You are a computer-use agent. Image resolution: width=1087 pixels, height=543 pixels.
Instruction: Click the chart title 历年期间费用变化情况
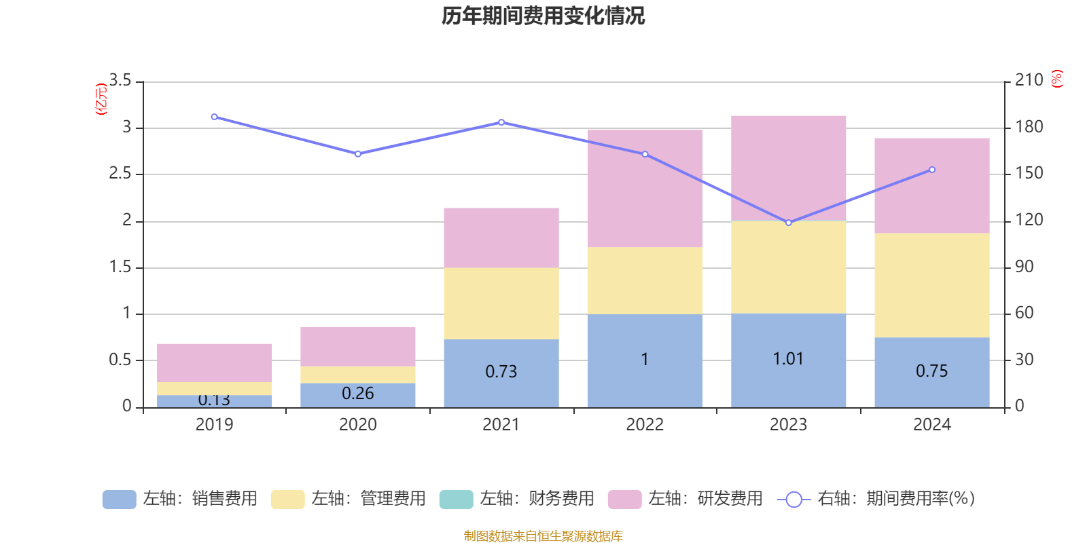tap(543, 16)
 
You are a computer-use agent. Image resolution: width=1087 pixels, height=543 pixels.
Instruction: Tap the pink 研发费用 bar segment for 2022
tap(645, 188)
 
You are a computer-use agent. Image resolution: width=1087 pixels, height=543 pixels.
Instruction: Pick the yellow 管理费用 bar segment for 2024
tap(931, 285)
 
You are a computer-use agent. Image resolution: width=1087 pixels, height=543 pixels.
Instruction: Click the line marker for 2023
tap(788, 223)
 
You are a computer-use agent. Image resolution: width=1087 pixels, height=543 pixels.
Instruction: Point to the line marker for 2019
tap(215, 117)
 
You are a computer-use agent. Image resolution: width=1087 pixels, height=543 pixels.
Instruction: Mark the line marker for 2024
tap(931, 170)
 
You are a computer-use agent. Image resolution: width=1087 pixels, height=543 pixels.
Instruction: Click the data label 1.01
tap(788, 358)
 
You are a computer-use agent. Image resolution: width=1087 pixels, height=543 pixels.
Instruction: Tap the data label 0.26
tap(357, 394)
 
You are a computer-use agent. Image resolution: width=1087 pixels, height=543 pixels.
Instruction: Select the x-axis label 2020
tap(357, 425)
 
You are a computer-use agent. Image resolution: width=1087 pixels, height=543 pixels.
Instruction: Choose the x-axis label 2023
tap(788, 425)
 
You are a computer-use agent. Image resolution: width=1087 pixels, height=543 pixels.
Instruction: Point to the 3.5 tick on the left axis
tap(120, 81)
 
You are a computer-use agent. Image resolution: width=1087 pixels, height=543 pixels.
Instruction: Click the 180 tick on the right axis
tap(1029, 127)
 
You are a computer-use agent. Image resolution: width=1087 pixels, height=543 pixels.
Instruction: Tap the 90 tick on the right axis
tap(1024, 267)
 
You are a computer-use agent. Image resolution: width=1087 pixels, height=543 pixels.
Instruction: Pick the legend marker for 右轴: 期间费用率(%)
tap(794, 500)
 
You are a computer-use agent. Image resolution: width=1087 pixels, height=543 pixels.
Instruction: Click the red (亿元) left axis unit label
tap(101, 99)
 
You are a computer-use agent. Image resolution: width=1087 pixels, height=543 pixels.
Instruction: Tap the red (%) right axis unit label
tap(1056, 79)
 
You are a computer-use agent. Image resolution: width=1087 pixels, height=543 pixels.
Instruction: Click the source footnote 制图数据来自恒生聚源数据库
tap(543, 536)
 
